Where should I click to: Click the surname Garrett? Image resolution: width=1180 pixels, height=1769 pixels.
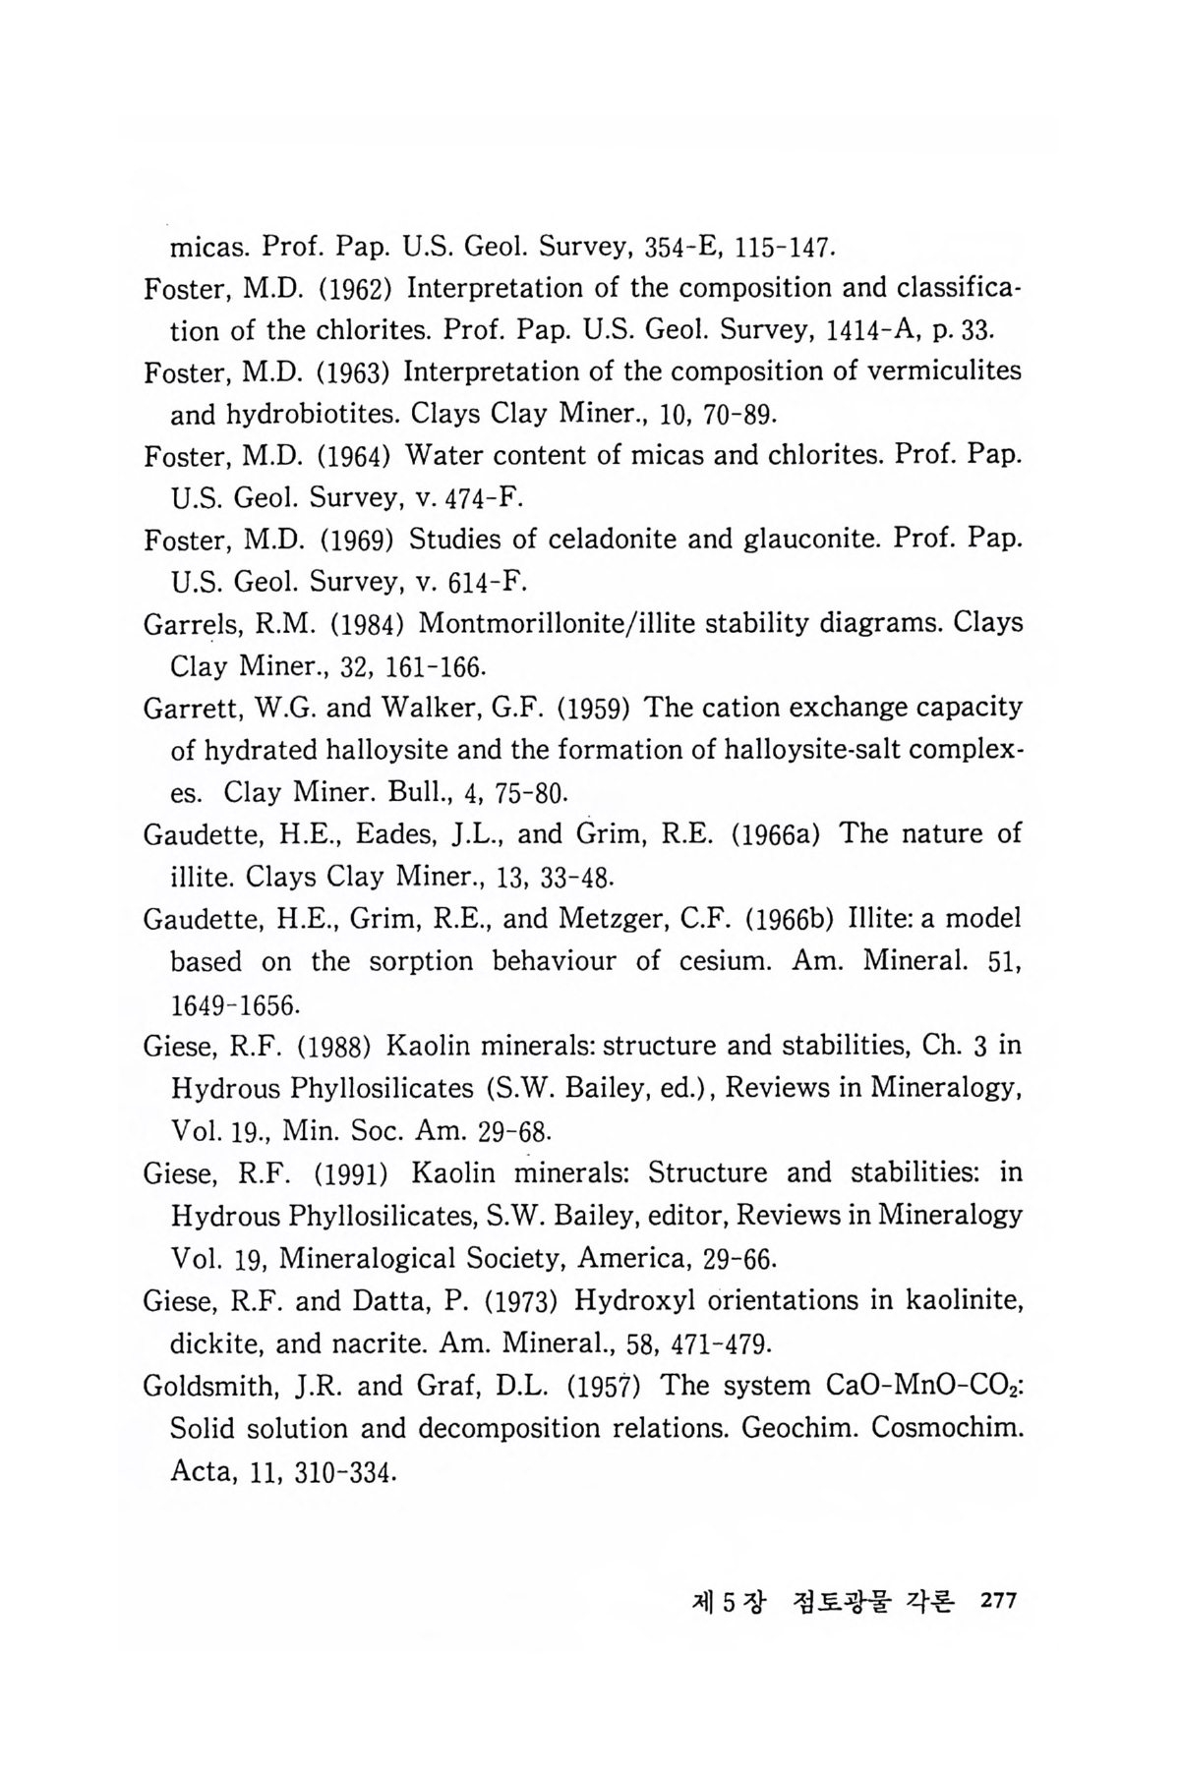(x=185, y=708)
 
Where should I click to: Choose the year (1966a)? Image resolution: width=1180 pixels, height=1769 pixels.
(x=777, y=834)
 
